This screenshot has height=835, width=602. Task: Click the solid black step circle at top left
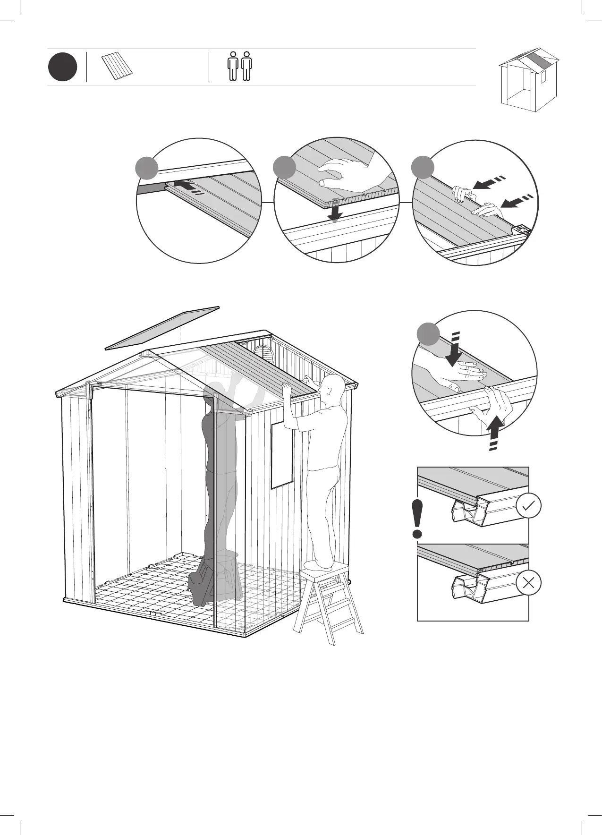62,67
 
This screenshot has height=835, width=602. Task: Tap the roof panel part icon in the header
117,67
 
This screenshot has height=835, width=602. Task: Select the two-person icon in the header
239,67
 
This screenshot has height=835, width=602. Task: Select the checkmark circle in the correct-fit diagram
529,506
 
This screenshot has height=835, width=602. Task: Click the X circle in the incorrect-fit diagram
529,583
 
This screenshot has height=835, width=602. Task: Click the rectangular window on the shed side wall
282,455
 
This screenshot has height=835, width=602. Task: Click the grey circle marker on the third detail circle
423,168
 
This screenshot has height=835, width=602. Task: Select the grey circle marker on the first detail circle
147,168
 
